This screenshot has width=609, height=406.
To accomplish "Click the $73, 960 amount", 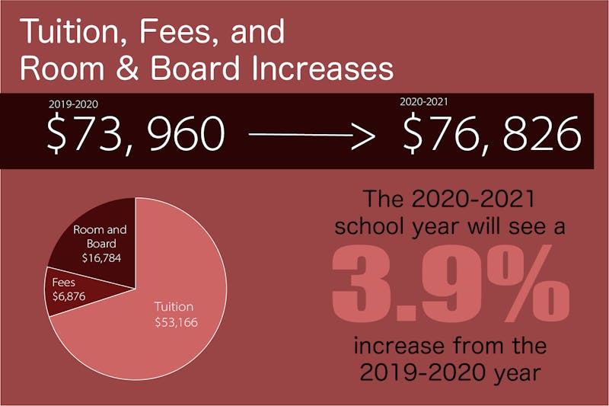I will coord(136,135).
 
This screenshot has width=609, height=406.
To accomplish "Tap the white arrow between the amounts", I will coord(313,137).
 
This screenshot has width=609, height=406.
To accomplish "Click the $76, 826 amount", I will coord(492,135).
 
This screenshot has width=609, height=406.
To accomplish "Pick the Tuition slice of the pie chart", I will coord(167,335).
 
